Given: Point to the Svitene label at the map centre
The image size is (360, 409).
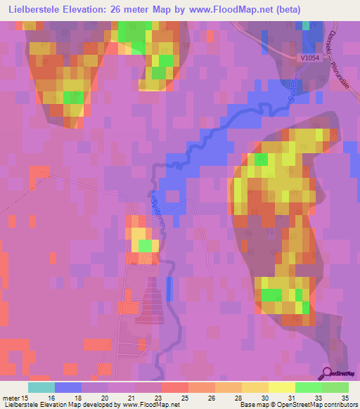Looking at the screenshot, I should coord(157,209).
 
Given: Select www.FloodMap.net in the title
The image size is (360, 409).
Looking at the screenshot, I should coord(233,10).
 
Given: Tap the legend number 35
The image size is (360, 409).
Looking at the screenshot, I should coord(345,398).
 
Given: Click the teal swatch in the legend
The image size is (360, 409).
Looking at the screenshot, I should coord(41,387).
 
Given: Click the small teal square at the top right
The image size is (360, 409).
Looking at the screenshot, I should coord(307,25).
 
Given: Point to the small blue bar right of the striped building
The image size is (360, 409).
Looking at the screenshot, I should coord(169,289).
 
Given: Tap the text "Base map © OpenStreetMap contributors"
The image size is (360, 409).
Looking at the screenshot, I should coord(297,405).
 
